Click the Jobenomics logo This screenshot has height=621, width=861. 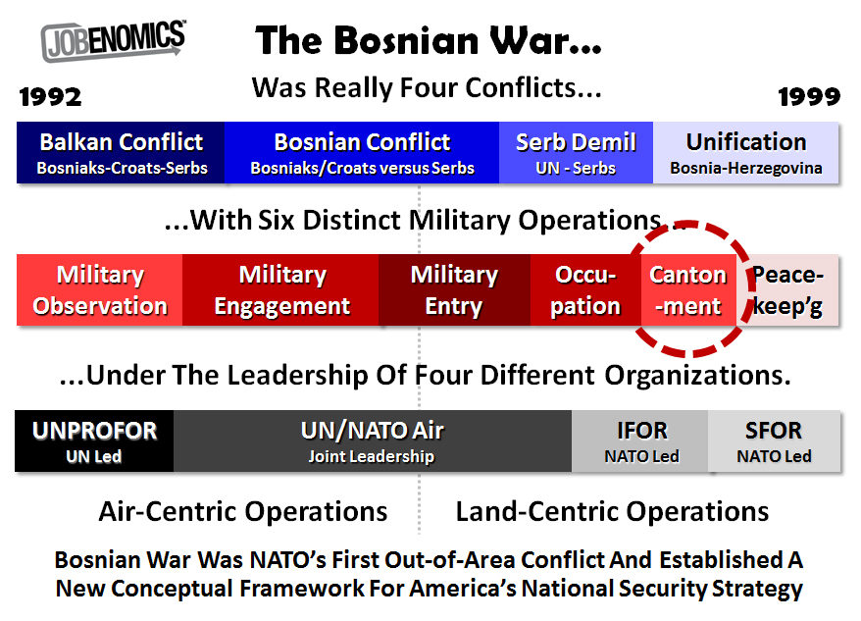113,40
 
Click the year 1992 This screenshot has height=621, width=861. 50,96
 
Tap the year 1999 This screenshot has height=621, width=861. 809,96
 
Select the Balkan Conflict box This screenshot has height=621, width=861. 122,153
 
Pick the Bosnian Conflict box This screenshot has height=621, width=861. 362,153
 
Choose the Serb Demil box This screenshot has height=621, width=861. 576,153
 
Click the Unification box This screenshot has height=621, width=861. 746,153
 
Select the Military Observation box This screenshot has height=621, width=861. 100,290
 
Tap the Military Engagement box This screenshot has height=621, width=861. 281,290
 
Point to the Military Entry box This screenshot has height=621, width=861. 454,290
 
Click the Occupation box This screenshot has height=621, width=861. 585,290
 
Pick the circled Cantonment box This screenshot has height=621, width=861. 688,290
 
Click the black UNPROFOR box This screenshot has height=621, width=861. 94,441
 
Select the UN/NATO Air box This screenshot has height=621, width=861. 373,441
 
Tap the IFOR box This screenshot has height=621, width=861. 640,441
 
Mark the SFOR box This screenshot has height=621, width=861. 774,441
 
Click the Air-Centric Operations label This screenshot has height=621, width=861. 243,511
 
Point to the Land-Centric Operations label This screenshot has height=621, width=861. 613,511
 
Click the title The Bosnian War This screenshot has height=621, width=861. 429,41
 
